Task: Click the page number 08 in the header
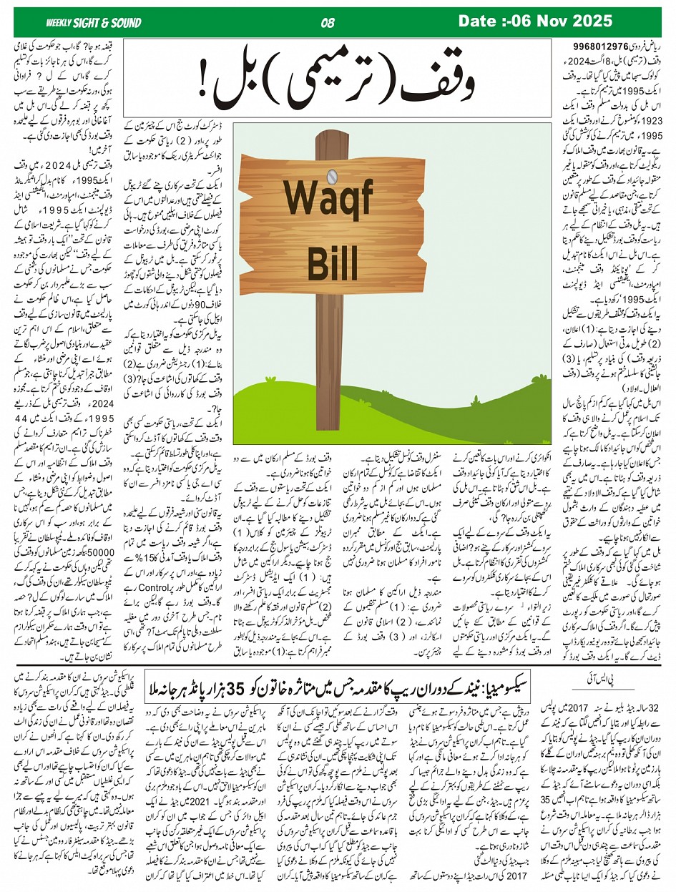328,22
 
